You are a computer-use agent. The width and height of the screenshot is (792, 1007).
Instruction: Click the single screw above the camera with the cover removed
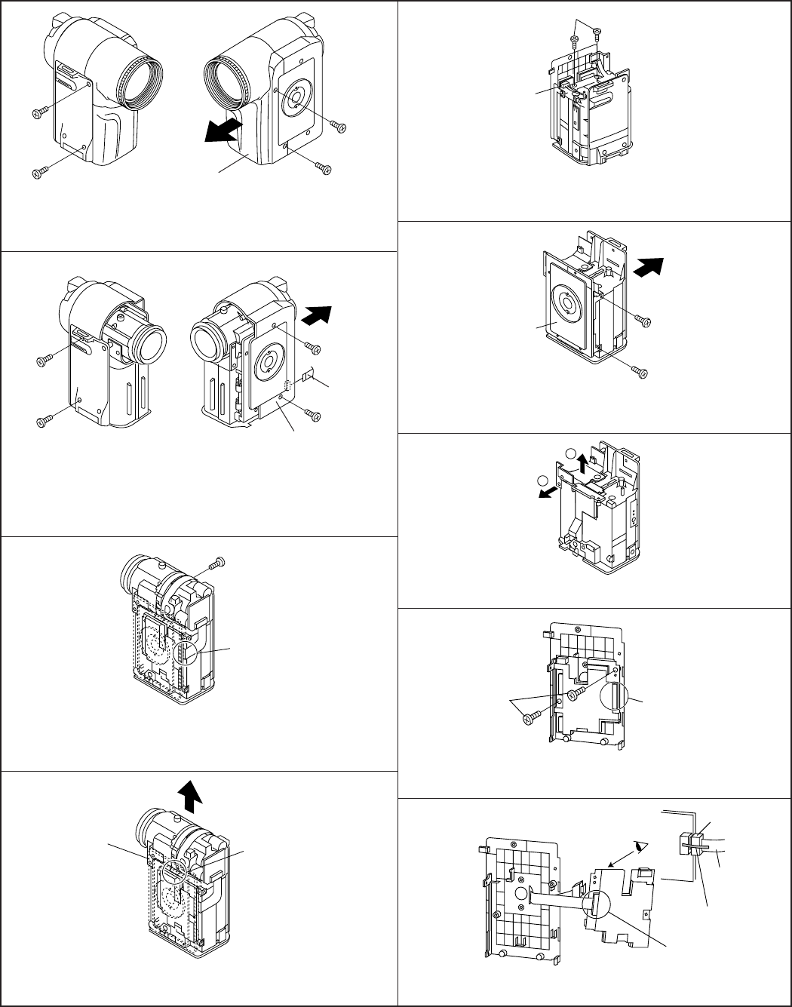(219, 562)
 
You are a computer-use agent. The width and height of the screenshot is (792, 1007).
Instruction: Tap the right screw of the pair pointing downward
(597, 31)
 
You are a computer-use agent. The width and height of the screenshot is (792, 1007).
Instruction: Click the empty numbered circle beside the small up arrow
(570, 453)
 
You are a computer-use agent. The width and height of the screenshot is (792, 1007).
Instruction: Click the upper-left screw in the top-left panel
(40, 113)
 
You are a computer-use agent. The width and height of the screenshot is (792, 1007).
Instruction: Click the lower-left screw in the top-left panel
(40, 173)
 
